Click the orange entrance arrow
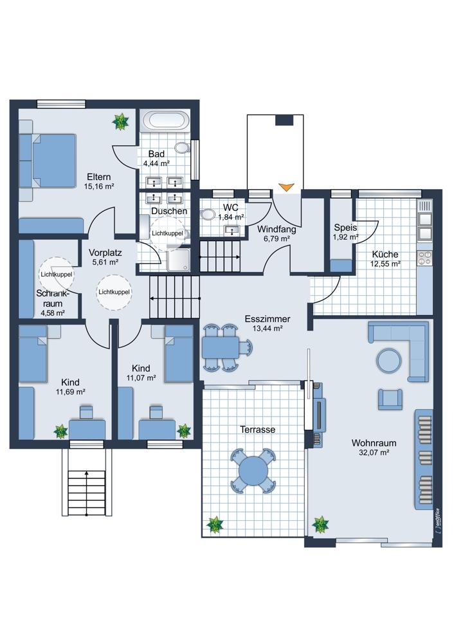pyautogui.click(x=286, y=187)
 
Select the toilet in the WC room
pyautogui.click(x=208, y=215)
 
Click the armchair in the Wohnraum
pyautogui.click(x=390, y=399)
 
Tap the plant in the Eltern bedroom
pyautogui.click(x=121, y=122)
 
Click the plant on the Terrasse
pyautogui.click(x=215, y=525)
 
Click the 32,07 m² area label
pyautogui.click(x=373, y=453)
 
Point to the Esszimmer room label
pyautogui.click(x=268, y=319)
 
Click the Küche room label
pyautogui.click(x=385, y=254)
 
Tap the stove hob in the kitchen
pyautogui.click(x=424, y=258)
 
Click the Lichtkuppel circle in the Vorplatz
pyautogui.click(x=114, y=292)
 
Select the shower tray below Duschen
pyautogui.click(x=178, y=260)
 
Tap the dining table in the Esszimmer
pyautogui.click(x=220, y=347)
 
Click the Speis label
pyautogui.click(x=345, y=228)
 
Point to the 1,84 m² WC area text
pyautogui.click(x=232, y=217)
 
